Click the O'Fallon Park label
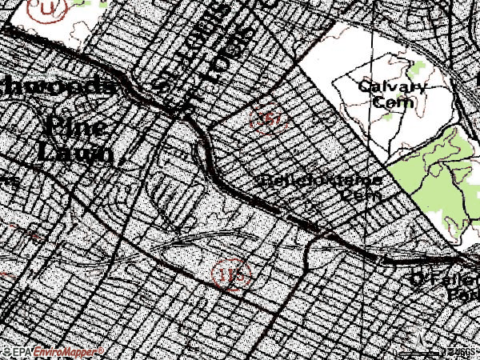444,286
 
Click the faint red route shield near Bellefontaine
268,118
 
